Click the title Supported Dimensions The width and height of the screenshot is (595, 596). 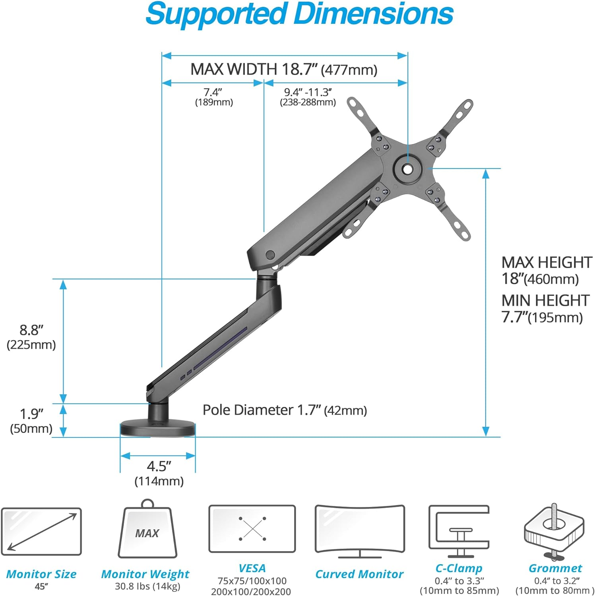[x=299, y=14]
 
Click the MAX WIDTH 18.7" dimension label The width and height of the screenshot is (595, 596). [x=283, y=70]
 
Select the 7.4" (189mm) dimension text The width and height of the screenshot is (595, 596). [x=213, y=97]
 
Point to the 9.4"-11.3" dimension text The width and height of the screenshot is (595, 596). [x=308, y=97]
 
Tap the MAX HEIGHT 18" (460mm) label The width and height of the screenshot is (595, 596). [x=546, y=271]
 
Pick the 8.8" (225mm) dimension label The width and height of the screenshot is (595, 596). [x=31, y=337]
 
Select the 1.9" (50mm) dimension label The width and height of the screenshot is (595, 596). [x=31, y=421]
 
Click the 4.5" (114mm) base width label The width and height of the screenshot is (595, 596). [x=159, y=473]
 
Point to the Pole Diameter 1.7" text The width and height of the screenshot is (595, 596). [x=285, y=410]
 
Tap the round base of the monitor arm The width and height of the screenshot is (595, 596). [x=158, y=429]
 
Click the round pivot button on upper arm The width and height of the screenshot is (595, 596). [x=270, y=255]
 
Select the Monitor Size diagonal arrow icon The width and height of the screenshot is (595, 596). [x=41, y=532]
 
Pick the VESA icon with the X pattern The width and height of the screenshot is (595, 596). [x=252, y=529]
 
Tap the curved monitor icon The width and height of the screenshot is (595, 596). [x=359, y=531]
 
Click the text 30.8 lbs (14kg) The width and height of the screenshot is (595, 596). [x=147, y=586]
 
